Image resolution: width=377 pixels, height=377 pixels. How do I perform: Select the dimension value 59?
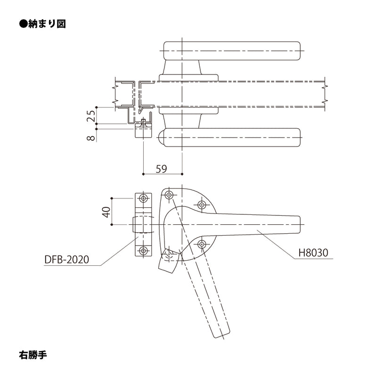[x=161, y=168]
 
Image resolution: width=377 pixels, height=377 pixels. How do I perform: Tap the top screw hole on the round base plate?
[x=168, y=194]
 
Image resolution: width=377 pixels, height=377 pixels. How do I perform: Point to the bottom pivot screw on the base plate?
[x=168, y=255]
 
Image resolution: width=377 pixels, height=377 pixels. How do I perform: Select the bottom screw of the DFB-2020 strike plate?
[x=143, y=250]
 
